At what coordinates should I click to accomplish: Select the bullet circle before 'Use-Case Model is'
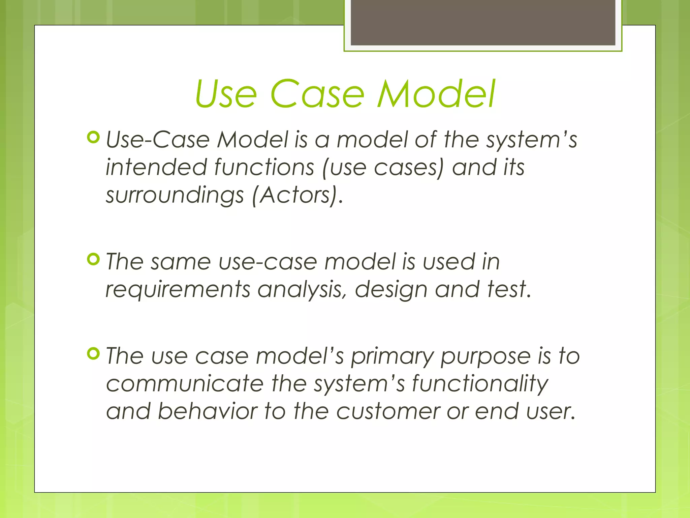click(93, 138)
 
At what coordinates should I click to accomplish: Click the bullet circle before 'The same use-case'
click(93, 259)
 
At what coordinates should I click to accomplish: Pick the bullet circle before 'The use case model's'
click(93, 354)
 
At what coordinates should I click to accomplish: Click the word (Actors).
click(295, 195)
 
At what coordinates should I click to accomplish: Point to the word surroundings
click(175, 196)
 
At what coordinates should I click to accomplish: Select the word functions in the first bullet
click(264, 167)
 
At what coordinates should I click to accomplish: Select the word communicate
click(185, 384)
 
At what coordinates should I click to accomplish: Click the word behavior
click(207, 411)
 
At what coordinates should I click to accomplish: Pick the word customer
click(388, 412)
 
